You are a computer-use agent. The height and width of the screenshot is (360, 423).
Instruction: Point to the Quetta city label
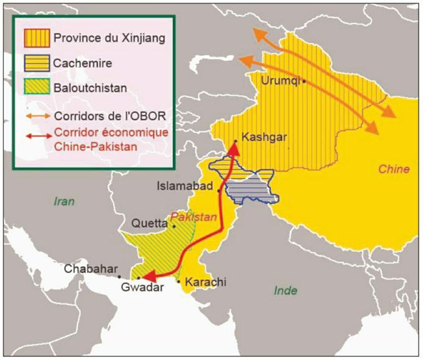[x=149, y=223]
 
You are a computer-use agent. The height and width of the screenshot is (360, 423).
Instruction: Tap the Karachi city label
[x=206, y=282]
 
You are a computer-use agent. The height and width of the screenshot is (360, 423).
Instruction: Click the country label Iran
[x=63, y=201]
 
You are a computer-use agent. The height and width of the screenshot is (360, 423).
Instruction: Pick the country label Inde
[x=286, y=290]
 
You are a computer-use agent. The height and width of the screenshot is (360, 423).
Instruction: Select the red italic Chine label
[x=393, y=169]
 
